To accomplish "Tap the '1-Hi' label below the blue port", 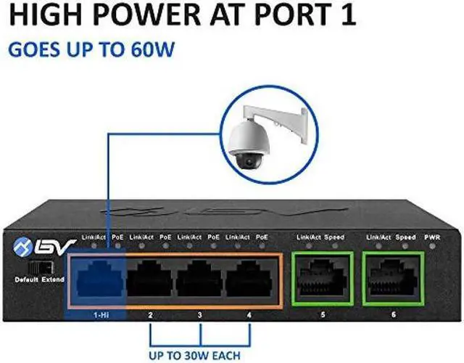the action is pos(99,316).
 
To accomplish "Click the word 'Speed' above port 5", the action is pos(334,237).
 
